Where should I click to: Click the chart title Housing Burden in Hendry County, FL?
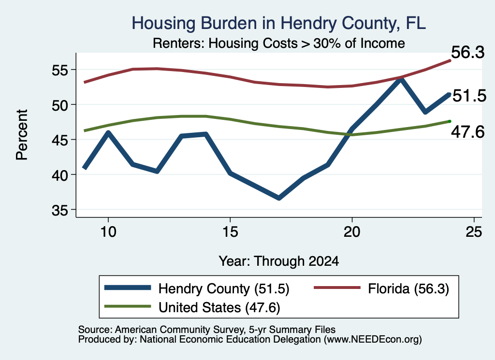(279, 24)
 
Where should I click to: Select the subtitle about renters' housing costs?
(279, 43)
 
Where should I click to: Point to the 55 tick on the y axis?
(60, 70)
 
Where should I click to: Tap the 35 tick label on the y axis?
(60, 210)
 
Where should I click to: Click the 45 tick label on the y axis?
(60, 140)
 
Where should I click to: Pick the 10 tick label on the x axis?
(108, 232)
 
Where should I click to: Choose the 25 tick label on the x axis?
(474, 232)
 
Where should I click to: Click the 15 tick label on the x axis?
(230, 232)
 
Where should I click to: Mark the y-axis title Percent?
(22, 135)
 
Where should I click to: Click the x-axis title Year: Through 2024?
(279, 261)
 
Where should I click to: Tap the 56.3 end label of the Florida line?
(467, 52)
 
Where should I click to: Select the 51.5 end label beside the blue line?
(469, 96)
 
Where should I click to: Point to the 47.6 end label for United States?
(467, 131)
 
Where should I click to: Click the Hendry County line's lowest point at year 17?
(279, 198)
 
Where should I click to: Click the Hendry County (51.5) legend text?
(224, 288)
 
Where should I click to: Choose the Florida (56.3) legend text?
(408, 288)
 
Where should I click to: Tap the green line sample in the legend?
(128, 306)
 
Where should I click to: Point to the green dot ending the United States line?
(450, 121)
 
